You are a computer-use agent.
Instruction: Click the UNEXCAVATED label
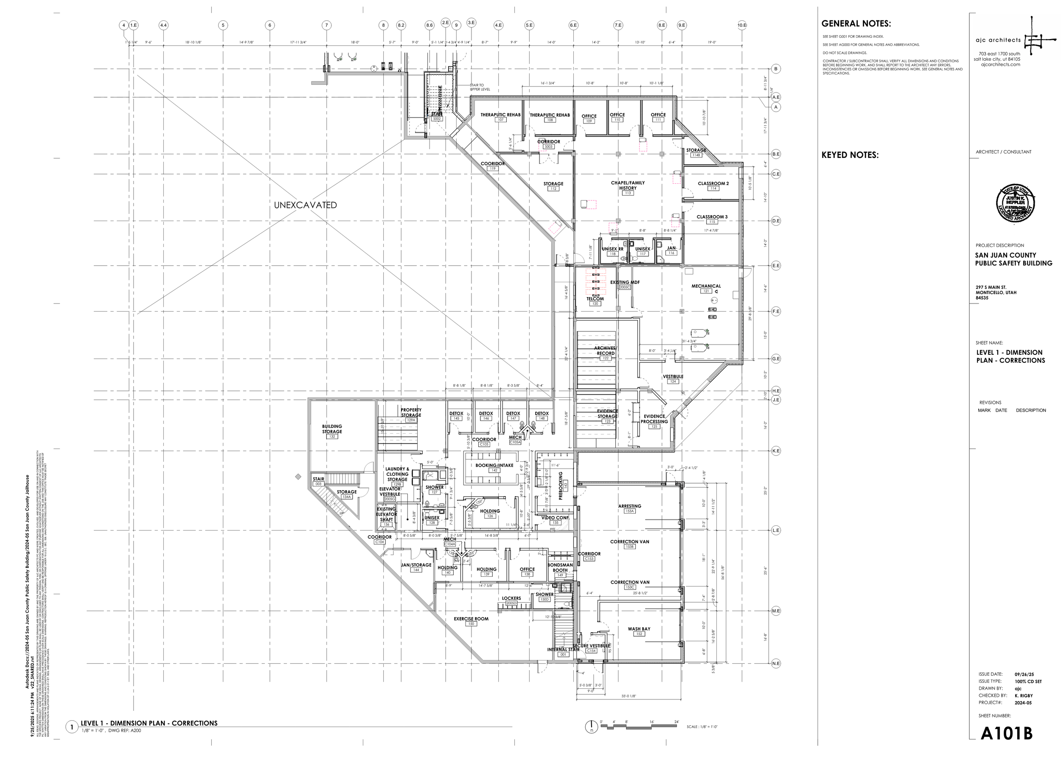[305, 205]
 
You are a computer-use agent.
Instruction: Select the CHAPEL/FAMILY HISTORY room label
[627, 185]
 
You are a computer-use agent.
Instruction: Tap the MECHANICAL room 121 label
[706, 286]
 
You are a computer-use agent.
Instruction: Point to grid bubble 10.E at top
[742, 25]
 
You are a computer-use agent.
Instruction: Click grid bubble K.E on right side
[776, 451]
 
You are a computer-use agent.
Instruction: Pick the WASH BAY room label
[639, 629]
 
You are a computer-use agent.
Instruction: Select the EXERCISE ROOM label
[471, 619]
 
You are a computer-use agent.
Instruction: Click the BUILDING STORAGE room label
[332, 429]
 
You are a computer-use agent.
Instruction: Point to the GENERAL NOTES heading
[856, 24]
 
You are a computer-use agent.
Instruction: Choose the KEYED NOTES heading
[850, 155]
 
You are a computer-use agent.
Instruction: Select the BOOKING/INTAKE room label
[494, 465]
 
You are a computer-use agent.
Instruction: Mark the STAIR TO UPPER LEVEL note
[480, 87]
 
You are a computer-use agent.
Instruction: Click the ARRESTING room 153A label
[629, 506]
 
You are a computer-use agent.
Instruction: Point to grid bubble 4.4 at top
[163, 25]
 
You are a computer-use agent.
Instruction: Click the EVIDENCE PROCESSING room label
[654, 418]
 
